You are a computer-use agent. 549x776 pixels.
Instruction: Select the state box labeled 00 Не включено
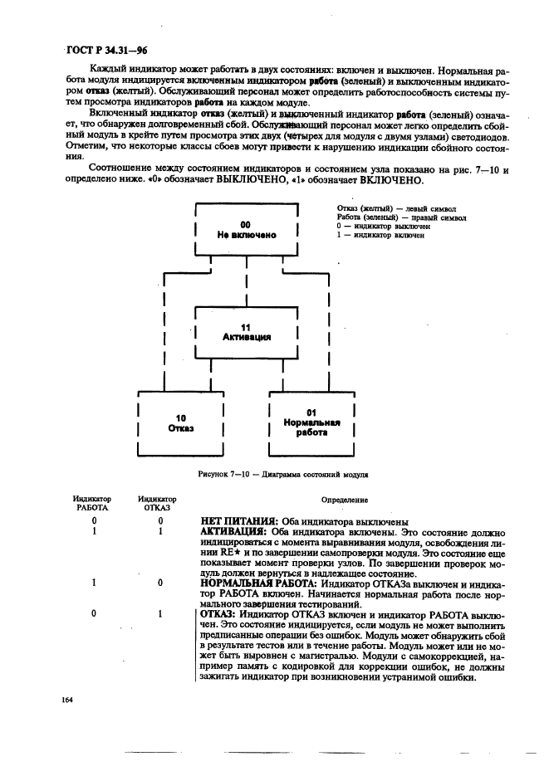click(x=246, y=230)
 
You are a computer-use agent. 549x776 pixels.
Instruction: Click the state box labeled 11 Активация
click(x=246, y=332)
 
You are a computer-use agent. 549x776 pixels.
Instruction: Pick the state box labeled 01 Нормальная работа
click(x=311, y=422)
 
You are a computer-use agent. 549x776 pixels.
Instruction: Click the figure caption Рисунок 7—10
click(x=283, y=476)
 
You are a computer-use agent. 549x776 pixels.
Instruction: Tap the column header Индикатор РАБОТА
click(x=91, y=502)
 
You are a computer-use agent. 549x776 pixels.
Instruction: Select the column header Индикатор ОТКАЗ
click(x=157, y=502)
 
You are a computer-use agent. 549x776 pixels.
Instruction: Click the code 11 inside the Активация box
click(x=246, y=327)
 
